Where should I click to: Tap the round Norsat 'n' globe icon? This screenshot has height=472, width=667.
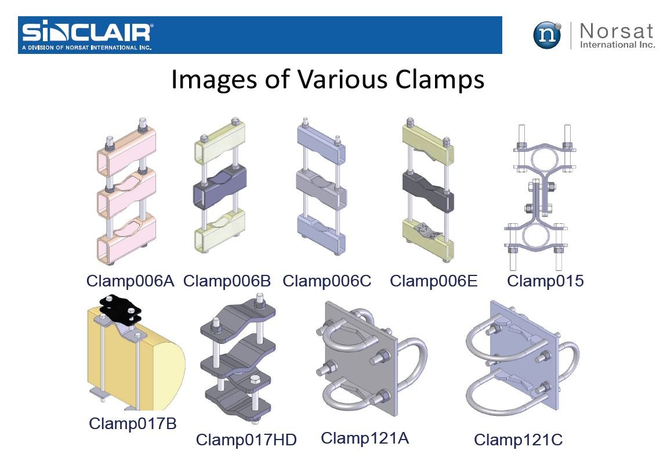547,35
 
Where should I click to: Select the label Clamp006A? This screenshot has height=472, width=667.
130,281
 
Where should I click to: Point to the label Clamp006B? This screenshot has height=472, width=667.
227,281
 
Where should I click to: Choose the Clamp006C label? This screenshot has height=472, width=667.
327,281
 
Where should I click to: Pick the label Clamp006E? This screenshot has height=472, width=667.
433,281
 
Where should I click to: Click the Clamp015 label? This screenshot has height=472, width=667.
545,281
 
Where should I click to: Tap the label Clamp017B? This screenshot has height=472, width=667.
133,423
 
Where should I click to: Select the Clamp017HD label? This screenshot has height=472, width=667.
246,440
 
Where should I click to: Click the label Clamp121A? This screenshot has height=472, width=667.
365,438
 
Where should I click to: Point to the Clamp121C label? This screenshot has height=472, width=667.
518,440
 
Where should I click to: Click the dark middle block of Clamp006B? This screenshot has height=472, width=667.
219,186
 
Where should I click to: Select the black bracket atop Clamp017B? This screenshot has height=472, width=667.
121,310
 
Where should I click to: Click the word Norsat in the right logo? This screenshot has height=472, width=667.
617,31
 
